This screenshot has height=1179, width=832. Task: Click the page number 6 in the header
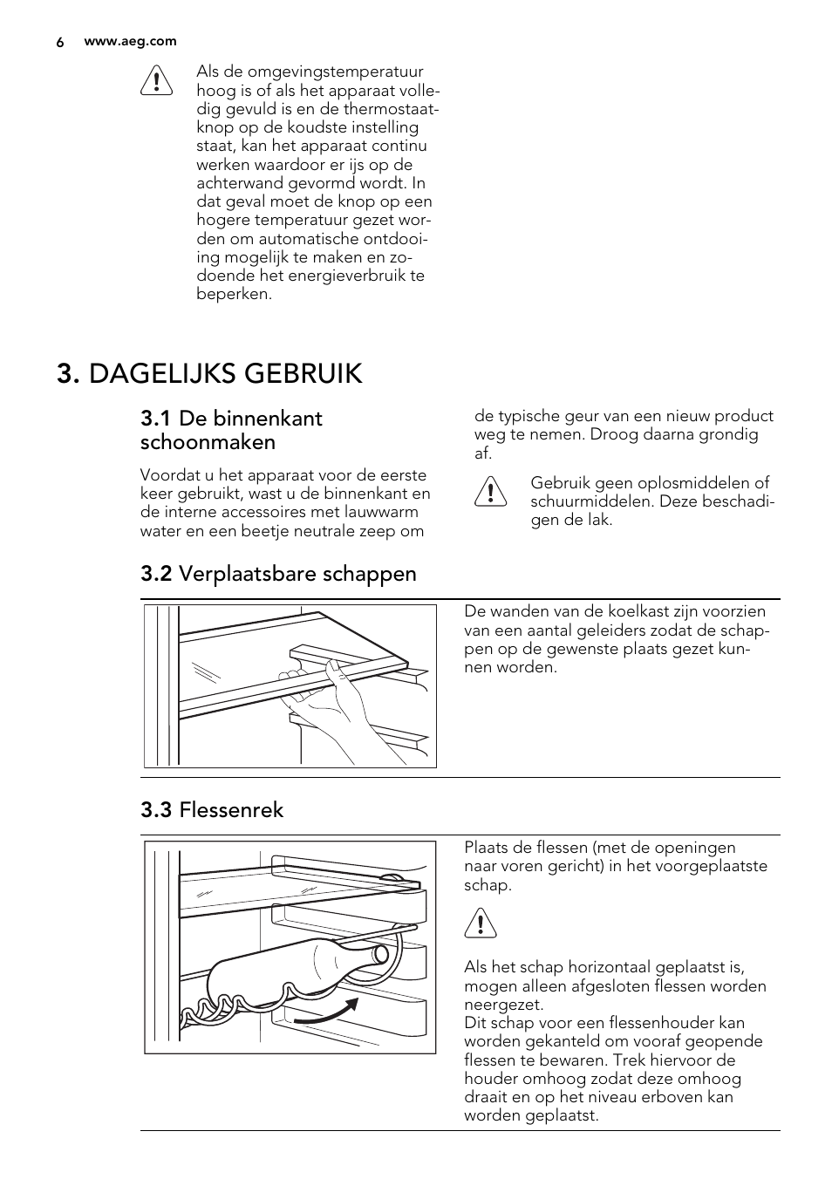pos(60,42)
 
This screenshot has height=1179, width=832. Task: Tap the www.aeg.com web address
pos(130,41)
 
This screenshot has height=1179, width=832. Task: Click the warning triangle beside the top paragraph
pos(157,80)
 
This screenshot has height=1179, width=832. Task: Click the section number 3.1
pos(155,419)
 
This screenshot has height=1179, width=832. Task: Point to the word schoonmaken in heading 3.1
pos(208,442)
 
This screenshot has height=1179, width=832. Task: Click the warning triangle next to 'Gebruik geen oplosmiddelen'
pos(491,492)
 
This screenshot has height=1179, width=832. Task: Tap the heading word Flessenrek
pos(231,810)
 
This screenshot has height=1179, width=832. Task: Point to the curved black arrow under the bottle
pos(327,1012)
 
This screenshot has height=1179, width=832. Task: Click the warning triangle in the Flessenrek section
pos(481,923)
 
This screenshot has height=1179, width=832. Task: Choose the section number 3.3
pos(155,810)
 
